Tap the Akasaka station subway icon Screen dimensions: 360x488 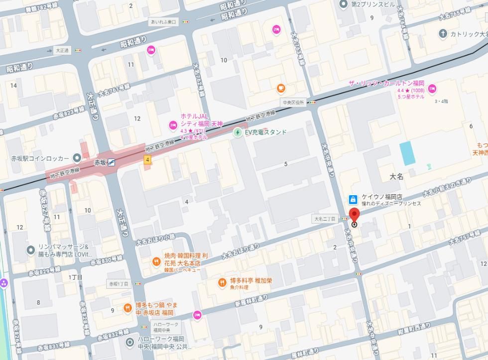pos(113,162)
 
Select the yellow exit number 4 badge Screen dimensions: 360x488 pos(147,159)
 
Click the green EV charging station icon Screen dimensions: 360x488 pos(238,132)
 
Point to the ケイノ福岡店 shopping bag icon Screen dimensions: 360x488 pos(353,200)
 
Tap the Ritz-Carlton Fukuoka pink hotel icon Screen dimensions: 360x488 pos(432,89)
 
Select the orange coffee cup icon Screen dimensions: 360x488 pos(281,88)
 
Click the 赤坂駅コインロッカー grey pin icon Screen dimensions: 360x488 pos(77,158)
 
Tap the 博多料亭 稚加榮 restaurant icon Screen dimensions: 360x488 pos(222,283)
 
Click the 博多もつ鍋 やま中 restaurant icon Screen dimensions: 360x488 pos(127,308)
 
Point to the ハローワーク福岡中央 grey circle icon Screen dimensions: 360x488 pos(130,342)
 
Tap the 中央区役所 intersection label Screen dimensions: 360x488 pos(293,103)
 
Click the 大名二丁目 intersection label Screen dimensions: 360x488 pos(325,219)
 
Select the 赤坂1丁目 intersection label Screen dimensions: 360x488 pos(119,284)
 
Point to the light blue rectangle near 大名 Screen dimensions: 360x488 pos(407,153)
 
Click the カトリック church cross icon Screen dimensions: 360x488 pos(443,33)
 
